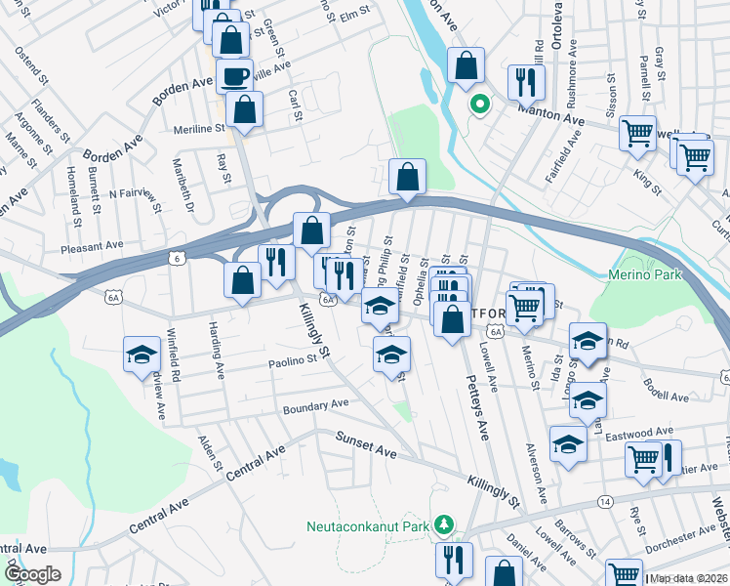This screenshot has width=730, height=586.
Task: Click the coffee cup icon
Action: coord(234,75)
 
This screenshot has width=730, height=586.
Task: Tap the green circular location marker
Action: coord(479,103)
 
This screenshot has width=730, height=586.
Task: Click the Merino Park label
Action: coord(644,275)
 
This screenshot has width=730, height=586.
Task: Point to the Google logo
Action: coord(32,574)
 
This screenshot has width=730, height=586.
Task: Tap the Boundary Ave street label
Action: coord(315,405)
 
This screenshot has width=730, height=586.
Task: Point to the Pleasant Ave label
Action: coord(92,247)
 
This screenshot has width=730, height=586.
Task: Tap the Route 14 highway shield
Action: coord(606,501)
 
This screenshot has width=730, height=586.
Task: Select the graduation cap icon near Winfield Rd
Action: coord(142,354)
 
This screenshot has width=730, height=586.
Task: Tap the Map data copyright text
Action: coord(689,578)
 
